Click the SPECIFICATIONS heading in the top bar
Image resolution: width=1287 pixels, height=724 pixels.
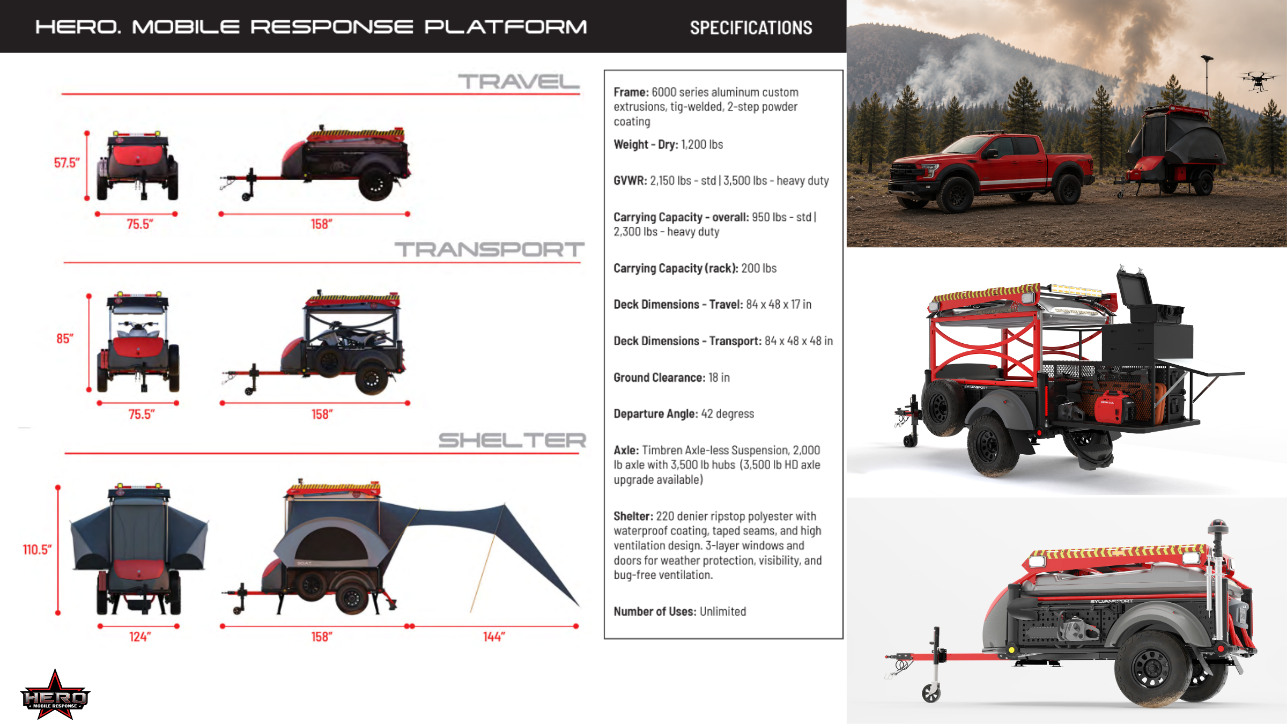click(x=751, y=28)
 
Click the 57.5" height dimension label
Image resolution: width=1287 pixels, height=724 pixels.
click(x=66, y=163)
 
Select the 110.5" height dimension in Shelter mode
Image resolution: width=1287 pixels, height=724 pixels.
click(x=37, y=550)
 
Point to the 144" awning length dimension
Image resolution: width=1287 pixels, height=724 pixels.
click(x=494, y=637)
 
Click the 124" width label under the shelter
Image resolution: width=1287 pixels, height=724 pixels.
click(x=140, y=637)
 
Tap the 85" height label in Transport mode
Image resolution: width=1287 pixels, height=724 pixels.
click(x=65, y=339)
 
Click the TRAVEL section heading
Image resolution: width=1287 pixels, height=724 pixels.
click(x=519, y=82)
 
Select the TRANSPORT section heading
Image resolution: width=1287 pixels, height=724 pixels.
click(x=489, y=249)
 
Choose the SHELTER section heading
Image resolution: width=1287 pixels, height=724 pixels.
click(x=512, y=440)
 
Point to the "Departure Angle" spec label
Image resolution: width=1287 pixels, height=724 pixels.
click(x=655, y=414)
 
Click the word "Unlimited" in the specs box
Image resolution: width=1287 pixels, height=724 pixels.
click(x=723, y=611)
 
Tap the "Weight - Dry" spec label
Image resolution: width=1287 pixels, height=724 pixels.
click(x=645, y=145)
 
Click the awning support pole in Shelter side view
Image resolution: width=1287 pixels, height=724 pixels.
click(x=487, y=558)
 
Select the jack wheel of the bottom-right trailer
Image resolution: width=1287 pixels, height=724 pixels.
click(x=931, y=693)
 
